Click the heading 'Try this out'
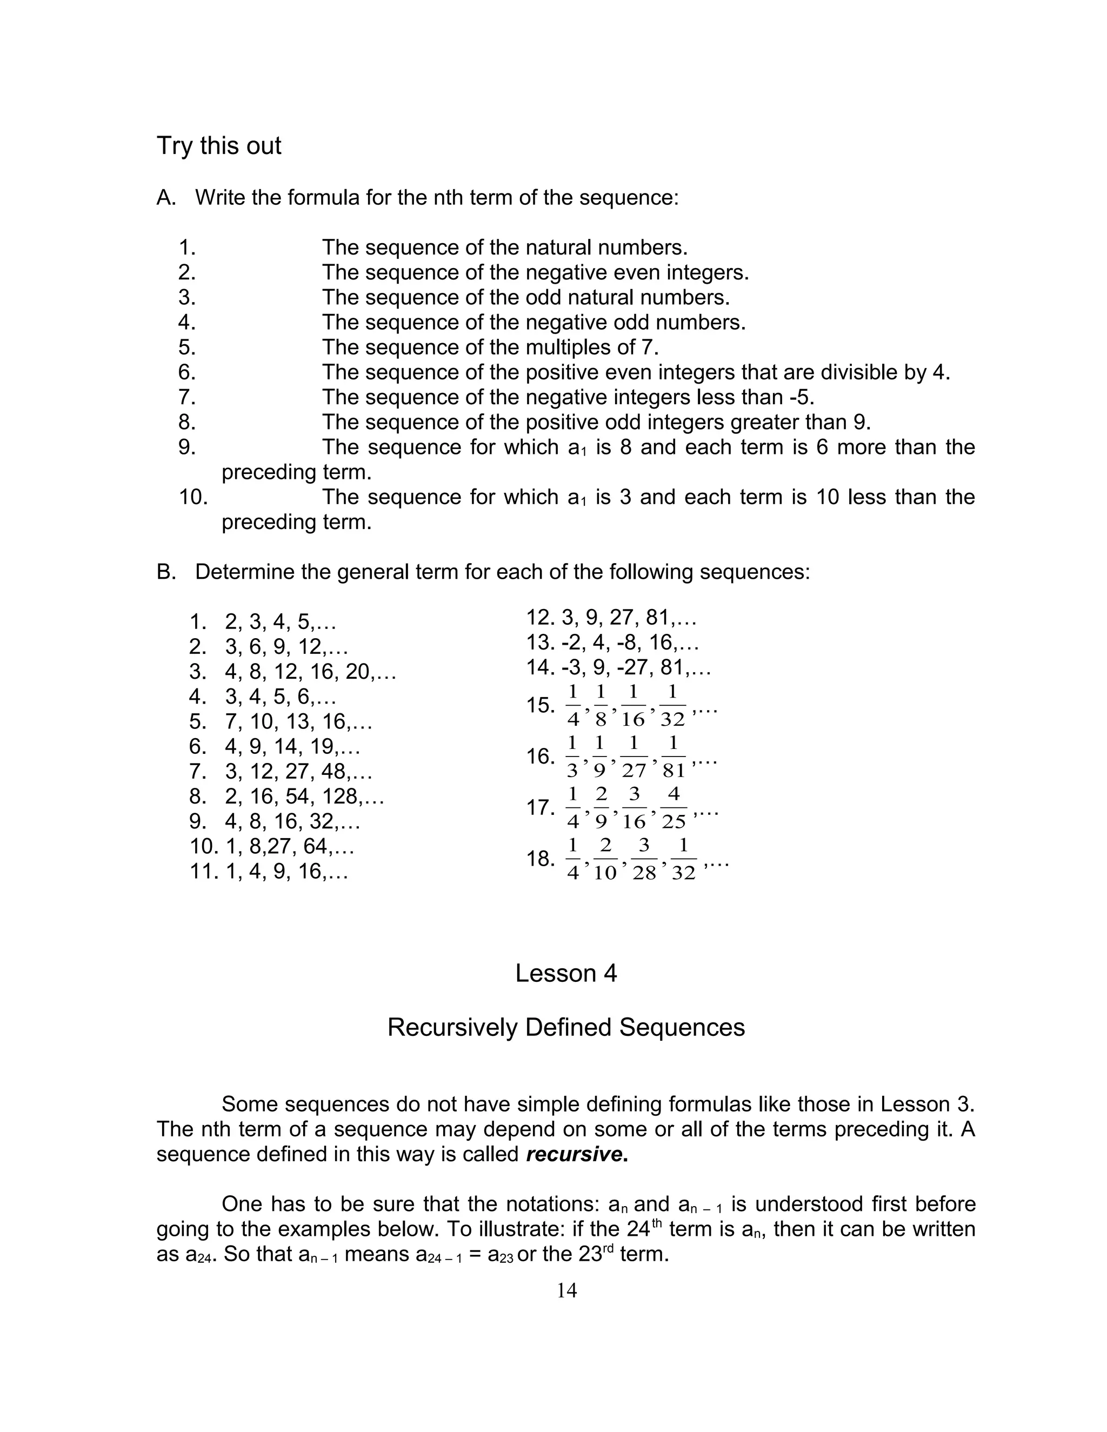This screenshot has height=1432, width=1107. click(218, 145)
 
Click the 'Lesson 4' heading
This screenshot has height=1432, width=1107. click(565, 973)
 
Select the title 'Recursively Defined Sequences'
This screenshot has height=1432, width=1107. click(565, 1027)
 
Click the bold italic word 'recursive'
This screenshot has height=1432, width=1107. click(573, 1154)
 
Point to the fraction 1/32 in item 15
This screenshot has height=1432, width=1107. click(672, 706)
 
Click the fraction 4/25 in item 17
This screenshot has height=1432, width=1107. click(673, 808)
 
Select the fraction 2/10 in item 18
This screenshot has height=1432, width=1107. click(605, 860)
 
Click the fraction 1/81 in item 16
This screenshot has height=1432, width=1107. click(673, 757)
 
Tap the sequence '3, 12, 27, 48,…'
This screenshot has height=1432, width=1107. click(298, 772)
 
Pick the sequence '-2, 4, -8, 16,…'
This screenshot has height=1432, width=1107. click(630, 643)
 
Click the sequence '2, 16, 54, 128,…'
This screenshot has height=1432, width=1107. click(304, 797)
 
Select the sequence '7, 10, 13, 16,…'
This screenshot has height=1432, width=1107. click(298, 722)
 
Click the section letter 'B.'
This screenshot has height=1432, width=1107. click(166, 572)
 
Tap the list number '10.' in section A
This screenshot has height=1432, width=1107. click(194, 497)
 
